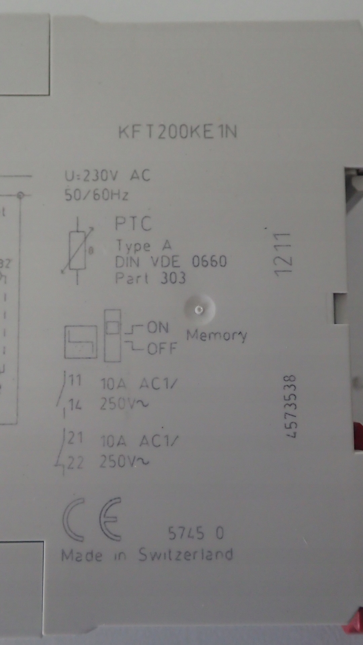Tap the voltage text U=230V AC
(x=108, y=176)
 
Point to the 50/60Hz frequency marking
(x=96, y=195)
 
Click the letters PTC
(x=133, y=224)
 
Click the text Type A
(x=144, y=246)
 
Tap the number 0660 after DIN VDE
(x=209, y=262)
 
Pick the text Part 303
(x=150, y=278)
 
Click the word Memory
(x=217, y=335)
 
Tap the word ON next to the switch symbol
(x=158, y=327)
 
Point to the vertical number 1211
(x=282, y=254)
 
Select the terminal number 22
(x=75, y=463)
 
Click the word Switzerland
(x=186, y=555)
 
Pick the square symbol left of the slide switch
(x=81, y=342)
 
